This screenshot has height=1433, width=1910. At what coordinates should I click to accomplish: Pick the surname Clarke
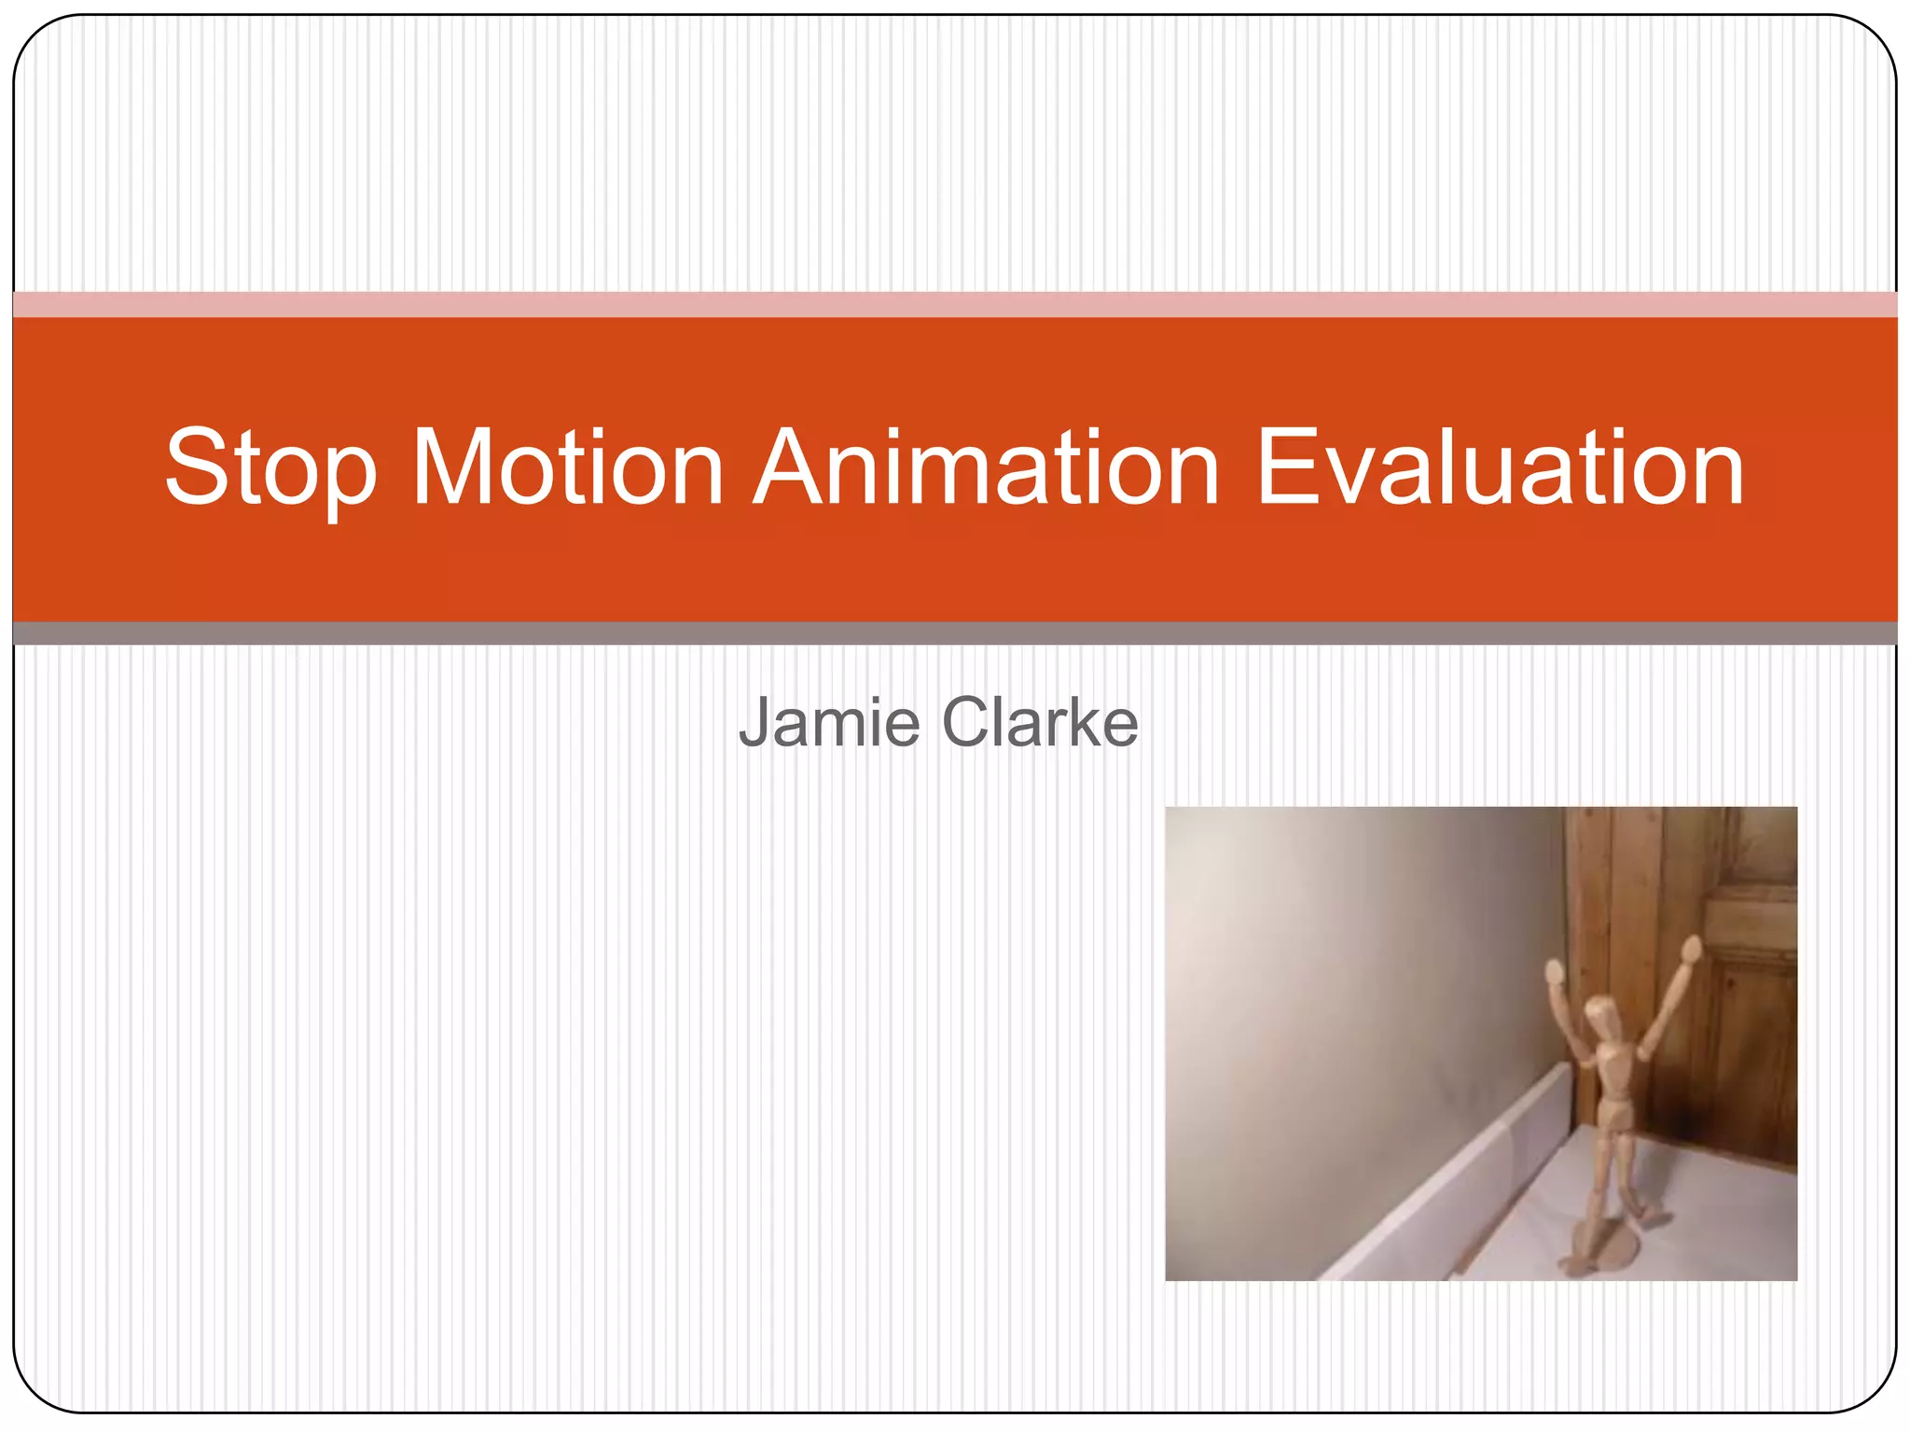[1040, 722]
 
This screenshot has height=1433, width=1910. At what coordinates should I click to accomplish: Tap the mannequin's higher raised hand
[1691, 951]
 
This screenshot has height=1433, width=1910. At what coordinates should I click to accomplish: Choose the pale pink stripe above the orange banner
[955, 304]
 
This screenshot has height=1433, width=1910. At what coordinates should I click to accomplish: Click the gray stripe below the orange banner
[955, 633]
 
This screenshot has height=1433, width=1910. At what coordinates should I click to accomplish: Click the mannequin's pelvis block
[1615, 1116]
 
